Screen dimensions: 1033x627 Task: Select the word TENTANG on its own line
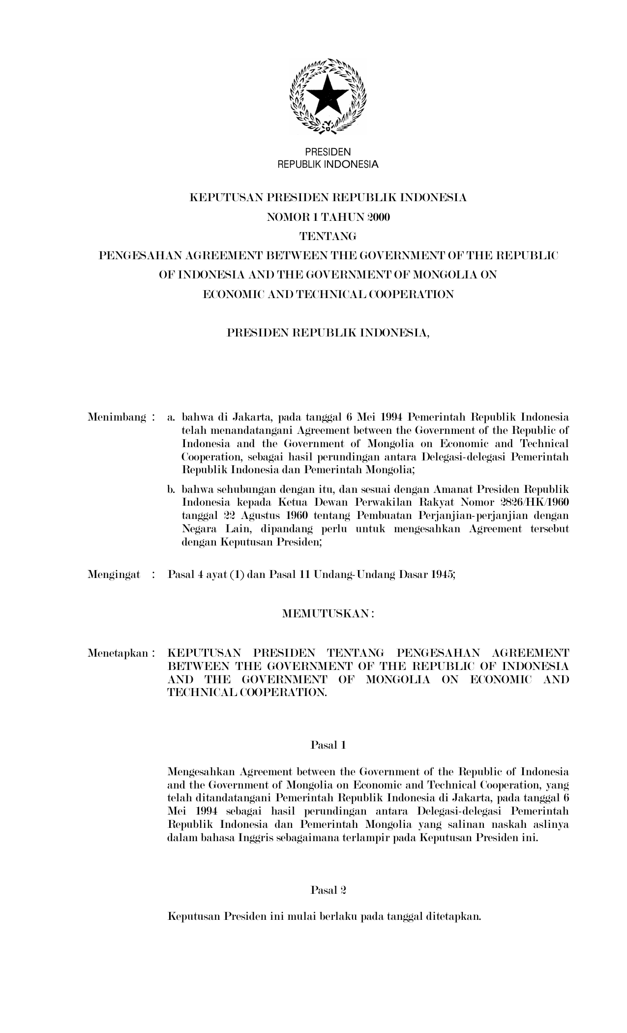point(328,237)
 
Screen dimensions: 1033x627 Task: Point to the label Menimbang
point(117,418)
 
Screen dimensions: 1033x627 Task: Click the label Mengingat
point(114,574)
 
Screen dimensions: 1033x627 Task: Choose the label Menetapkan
point(118,653)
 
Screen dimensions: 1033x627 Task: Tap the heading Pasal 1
point(328,745)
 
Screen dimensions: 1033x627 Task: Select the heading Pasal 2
point(328,890)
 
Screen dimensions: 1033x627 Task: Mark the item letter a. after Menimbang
point(171,418)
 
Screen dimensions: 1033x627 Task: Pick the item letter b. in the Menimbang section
point(171,490)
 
